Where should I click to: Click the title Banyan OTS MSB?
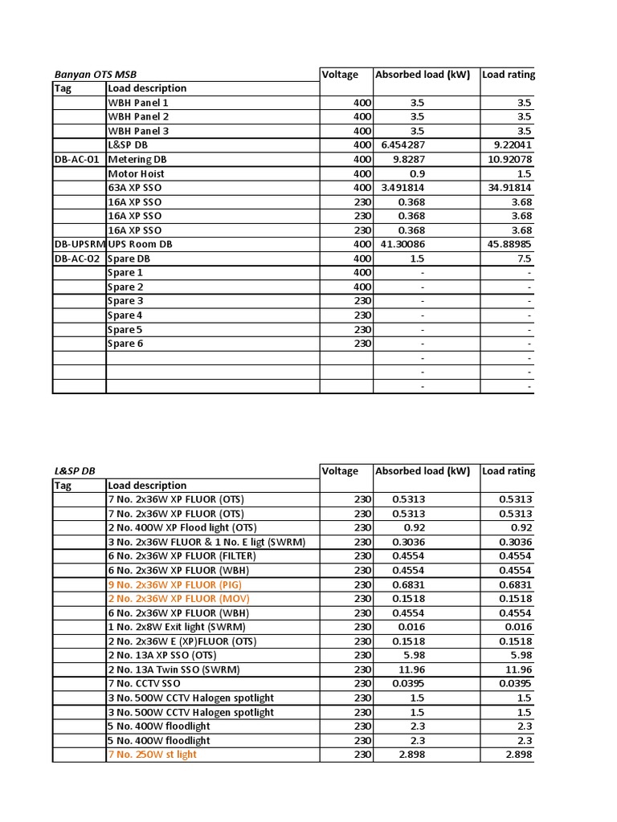click(x=96, y=75)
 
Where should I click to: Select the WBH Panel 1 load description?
click(x=138, y=103)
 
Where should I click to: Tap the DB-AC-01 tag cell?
click(x=77, y=160)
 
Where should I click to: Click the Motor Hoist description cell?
click(x=137, y=173)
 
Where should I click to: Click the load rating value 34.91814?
click(x=507, y=188)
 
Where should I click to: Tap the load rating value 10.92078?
click(x=507, y=160)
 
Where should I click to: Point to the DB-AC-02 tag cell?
click(x=78, y=258)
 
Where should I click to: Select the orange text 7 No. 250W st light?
click(x=152, y=755)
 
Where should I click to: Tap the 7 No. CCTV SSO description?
click(x=144, y=683)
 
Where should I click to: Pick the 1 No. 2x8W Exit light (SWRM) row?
click(x=177, y=627)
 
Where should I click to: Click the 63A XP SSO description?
click(x=135, y=188)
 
